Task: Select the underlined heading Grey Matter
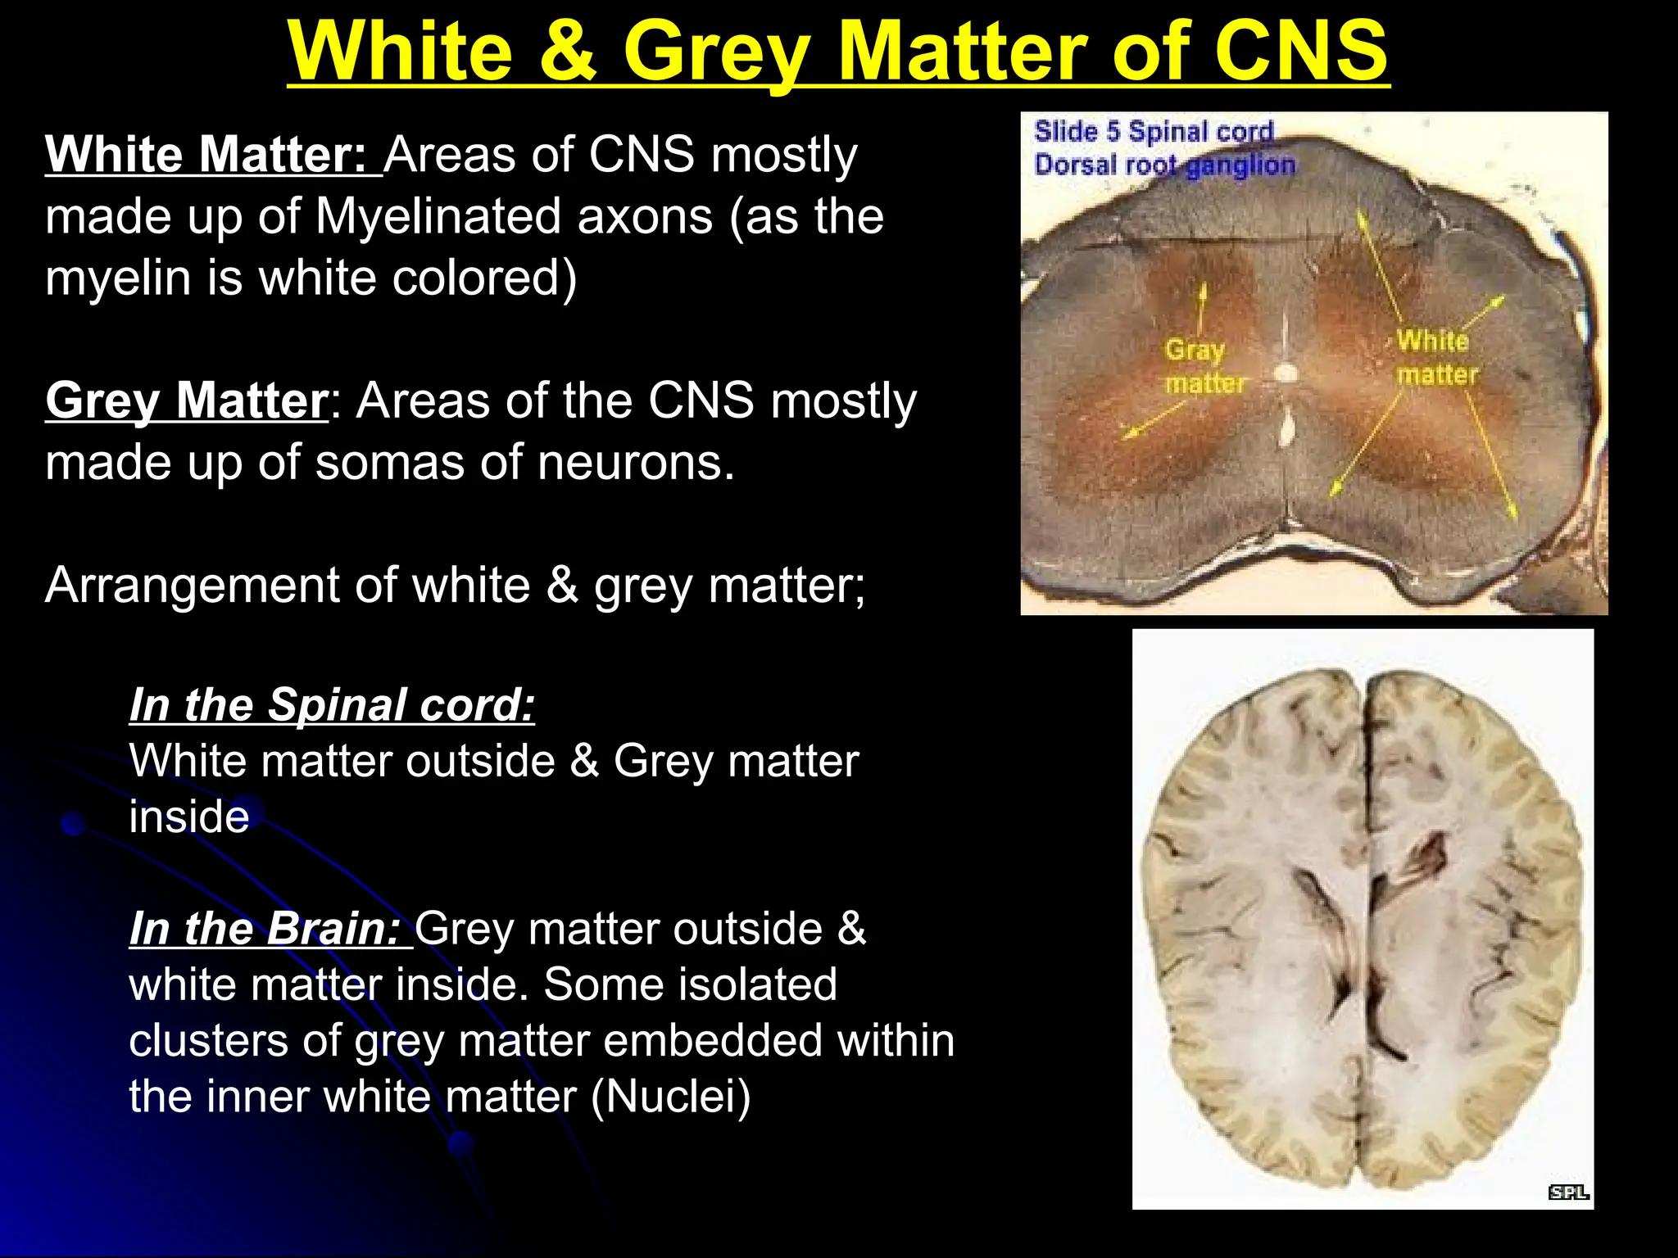tap(187, 400)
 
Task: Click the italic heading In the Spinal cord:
tap(332, 704)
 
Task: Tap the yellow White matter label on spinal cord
tap(1436, 357)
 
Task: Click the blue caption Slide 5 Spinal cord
tap(1153, 131)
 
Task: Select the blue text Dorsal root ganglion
tap(1164, 165)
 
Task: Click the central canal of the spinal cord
tap(1286, 373)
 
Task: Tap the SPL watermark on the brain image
tap(1568, 1192)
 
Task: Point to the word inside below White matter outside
tap(189, 817)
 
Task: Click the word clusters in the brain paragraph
tap(208, 1040)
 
